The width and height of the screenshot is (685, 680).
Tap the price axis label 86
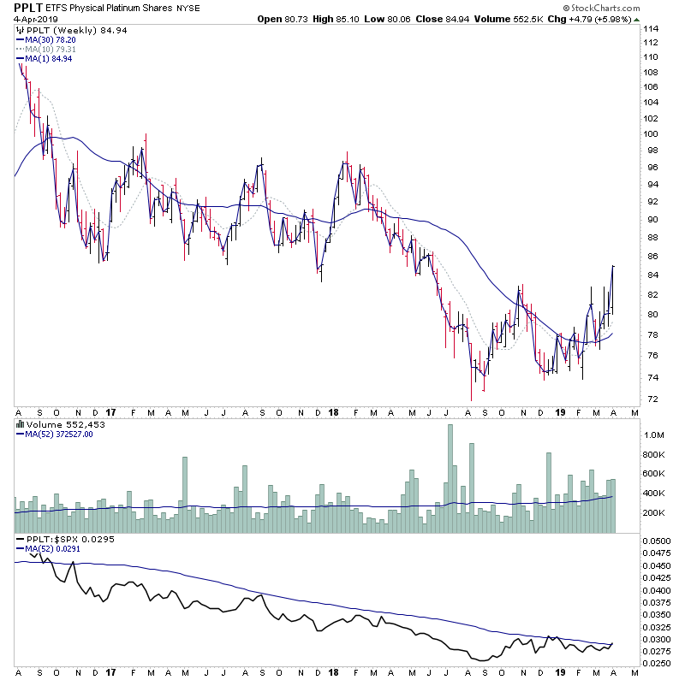652,256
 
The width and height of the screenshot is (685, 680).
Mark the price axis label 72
652,399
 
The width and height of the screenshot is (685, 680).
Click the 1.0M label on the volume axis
656,435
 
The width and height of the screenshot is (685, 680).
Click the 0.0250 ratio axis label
659,664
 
